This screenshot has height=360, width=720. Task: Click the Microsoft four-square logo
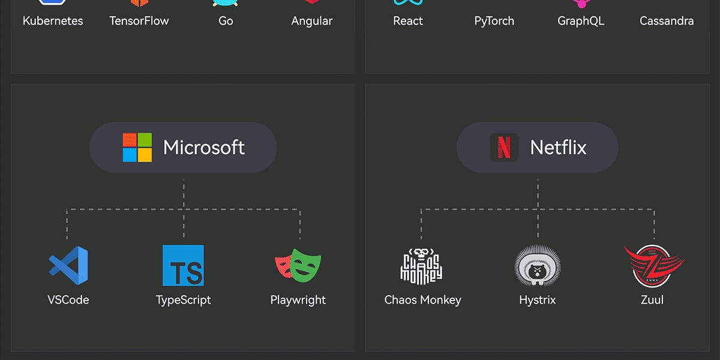tap(137, 148)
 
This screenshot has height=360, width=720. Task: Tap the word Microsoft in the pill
tap(204, 148)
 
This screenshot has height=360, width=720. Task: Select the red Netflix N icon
tap(504, 148)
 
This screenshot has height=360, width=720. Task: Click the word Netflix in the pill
tap(558, 148)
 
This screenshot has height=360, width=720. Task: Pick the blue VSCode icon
tap(68, 265)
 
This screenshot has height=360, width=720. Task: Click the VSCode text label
tap(68, 300)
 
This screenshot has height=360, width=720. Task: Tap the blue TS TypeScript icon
tap(183, 265)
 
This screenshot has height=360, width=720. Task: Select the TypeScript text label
tap(183, 300)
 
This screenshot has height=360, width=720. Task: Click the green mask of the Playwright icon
tap(307, 267)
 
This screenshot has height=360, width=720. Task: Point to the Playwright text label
tap(298, 300)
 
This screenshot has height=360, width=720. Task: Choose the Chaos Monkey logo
tap(421, 266)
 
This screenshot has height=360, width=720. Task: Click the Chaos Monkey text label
tap(422, 300)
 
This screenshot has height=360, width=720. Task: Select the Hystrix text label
tap(538, 300)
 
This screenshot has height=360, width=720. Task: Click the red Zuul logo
tap(653, 265)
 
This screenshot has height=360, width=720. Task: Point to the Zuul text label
tap(652, 300)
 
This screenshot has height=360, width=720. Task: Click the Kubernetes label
tap(53, 21)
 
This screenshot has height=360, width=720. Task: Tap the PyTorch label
tap(494, 21)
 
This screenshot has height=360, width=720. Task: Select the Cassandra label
tap(667, 21)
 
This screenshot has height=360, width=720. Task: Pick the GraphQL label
tap(581, 21)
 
